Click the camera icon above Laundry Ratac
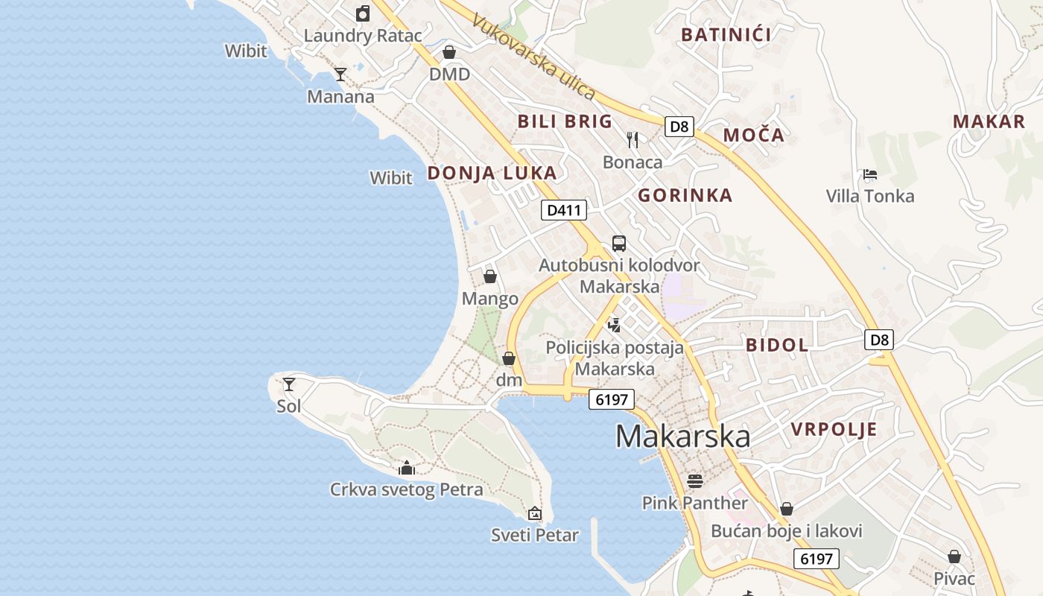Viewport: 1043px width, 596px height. click(363, 13)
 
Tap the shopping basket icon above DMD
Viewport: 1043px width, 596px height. click(449, 52)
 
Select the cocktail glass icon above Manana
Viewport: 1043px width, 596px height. click(340, 74)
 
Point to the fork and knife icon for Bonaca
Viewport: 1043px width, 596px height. click(633, 139)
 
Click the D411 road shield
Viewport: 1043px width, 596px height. click(563, 210)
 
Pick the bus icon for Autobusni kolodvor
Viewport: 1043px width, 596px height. click(619, 243)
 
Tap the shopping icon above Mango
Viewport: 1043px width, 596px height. click(490, 276)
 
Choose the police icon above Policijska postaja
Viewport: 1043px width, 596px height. click(614, 325)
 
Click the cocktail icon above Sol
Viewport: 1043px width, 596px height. click(289, 384)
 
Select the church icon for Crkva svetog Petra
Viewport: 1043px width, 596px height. click(407, 468)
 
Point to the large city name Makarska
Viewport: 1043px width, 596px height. click(682, 436)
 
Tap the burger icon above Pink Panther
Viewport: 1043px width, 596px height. click(695, 481)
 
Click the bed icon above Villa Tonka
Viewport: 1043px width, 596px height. click(869, 174)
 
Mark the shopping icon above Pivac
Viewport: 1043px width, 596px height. click(954, 557)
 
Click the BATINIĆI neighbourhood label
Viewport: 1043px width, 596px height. click(726, 34)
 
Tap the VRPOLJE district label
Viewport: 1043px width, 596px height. click(834, 429)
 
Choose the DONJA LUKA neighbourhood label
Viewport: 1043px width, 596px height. click(492, 173)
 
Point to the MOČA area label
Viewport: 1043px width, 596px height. click(754, 135)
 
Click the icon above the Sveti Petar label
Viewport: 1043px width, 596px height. click(534, 513)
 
